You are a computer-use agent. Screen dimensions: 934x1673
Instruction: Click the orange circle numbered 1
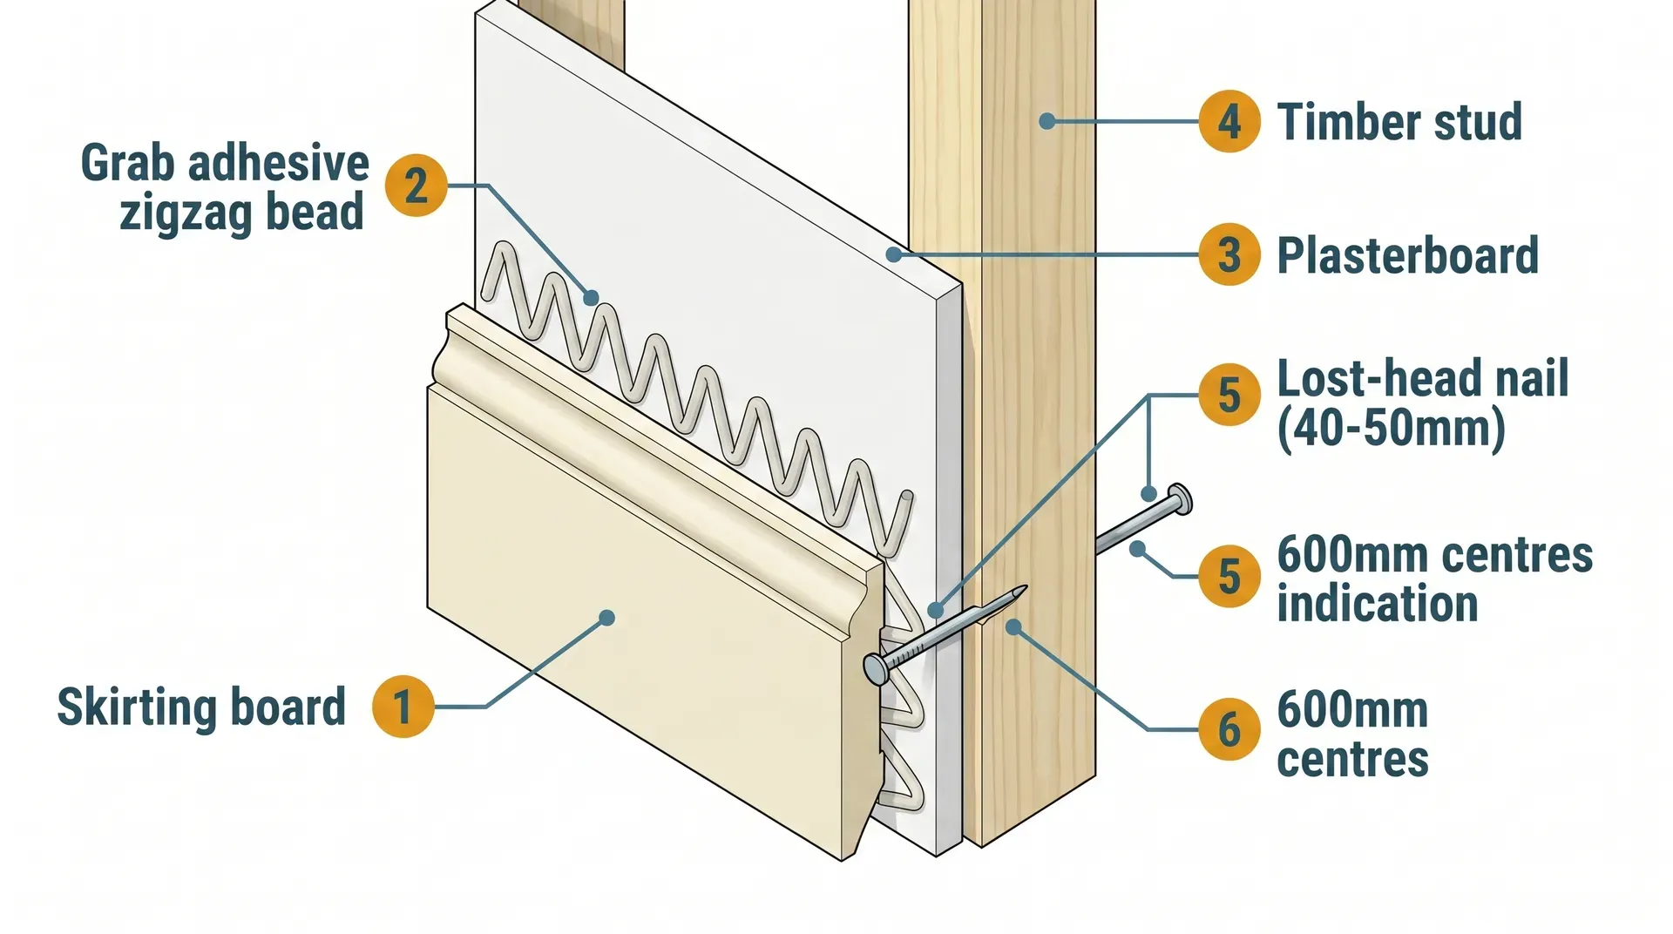click(403, 706)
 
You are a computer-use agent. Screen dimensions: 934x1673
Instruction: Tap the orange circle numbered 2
click(417, 186)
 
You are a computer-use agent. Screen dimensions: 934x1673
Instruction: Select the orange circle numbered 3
click(1229, 254)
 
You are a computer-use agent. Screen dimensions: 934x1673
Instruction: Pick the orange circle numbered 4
click(1229, 121)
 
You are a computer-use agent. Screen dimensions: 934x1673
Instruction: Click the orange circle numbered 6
click(1229, 728)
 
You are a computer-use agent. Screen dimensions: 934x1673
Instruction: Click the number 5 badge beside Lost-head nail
click(1229, 395)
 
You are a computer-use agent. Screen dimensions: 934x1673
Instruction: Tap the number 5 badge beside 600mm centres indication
click(1229, 576)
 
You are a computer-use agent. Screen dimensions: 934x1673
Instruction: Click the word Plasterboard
click(1407, 255)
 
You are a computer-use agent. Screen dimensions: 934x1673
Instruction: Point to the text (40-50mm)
click(1391, 428)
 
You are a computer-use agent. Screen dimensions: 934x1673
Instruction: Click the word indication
click(1377, 604)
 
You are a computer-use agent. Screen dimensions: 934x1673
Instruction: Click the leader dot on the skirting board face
click(607, 618)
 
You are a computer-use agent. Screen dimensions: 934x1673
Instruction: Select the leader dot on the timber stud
click(1047, 121)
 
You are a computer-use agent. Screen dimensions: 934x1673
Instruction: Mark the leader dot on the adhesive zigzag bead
click(592, 298)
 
